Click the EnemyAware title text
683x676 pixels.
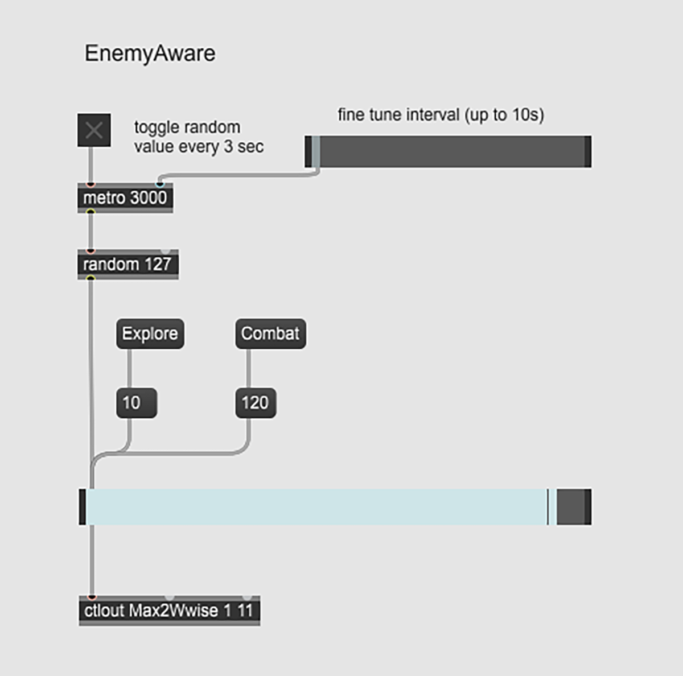(x=150, y=53)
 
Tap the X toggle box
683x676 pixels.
(x=94, y=130)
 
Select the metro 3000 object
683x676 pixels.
(x=125, y=198)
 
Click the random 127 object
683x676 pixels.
(x=127, y=265)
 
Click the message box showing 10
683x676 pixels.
(x=136, y=403)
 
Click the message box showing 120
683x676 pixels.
(x=255, y=403)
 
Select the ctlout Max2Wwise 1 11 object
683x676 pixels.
(x=168, y=611)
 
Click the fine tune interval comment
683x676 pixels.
(x=441, y=115)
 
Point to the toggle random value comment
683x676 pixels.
(x=198, y=137)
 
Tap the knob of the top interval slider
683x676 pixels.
(x=316, y=151)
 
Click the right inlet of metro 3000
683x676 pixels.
(x=160, y=184)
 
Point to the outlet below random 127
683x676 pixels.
(x=90, y=278)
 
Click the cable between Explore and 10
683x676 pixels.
(x=129, y=368)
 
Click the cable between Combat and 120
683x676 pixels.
(x=248, y=368)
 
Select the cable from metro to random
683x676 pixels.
(x=90, y=231)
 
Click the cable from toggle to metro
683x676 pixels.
(x=90, y=165)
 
